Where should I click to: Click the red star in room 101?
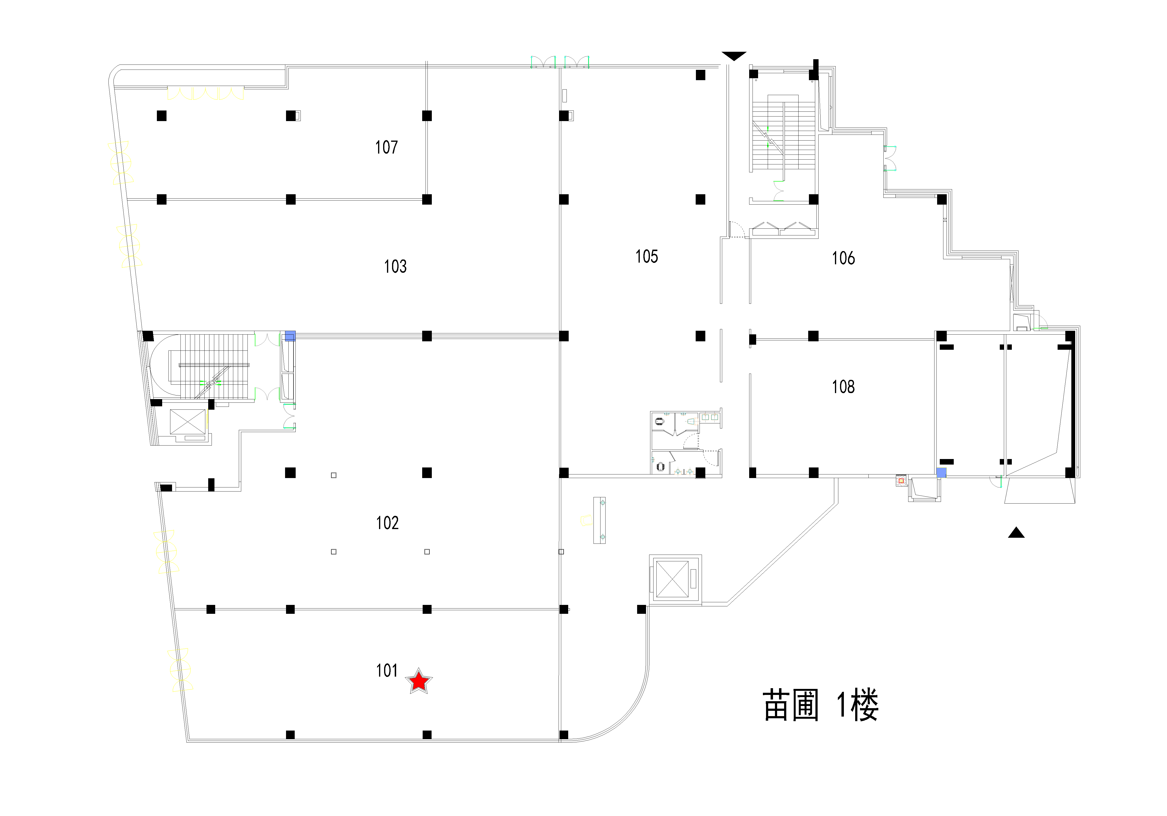418,681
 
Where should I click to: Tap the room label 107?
386,147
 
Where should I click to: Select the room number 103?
395,266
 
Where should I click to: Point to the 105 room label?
647,256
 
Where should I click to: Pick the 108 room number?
843,387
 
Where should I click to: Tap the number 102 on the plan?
387,523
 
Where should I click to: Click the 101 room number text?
387,671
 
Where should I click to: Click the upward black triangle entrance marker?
1016,533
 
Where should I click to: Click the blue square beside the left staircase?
290,336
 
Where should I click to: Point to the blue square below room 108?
941,473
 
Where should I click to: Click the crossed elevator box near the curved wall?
673,579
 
